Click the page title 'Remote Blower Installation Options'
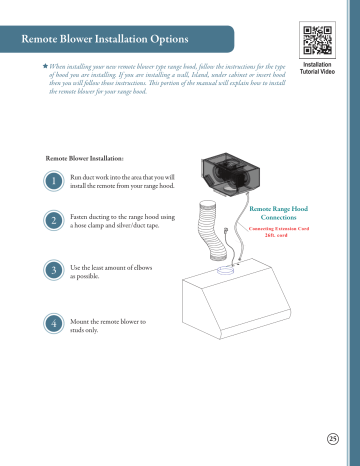pyautogui.click(x=105, y=39)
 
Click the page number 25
pyautogui.click(x=333, y=437)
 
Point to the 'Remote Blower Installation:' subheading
pyautogui.click(x=85, y=158)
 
